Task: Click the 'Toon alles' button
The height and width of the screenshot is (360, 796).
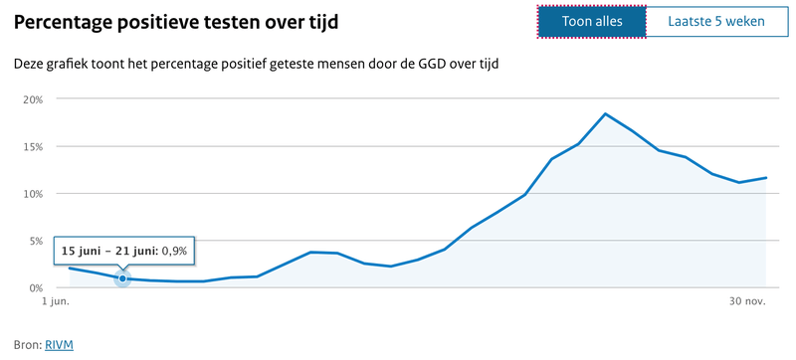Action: [x=591, y=21]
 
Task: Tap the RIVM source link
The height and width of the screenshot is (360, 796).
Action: [x=60, y=344]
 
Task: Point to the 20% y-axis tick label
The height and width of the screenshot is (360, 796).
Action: [x=33, y=100]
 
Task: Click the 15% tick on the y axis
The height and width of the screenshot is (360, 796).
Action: [x=33, y=147]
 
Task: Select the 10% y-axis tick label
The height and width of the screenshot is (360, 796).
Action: [x=33, y=194]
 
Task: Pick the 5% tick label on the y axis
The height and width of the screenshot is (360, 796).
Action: [x=36, y=241]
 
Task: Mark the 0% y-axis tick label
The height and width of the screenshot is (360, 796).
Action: [x=36, y=287]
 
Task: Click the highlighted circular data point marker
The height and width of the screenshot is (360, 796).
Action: [x=122, y=278]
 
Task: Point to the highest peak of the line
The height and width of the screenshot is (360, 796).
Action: [x=605, y=113]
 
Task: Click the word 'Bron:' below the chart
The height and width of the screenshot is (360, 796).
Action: [x=27, y=344]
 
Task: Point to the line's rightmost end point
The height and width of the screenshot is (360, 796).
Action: [x=765, y=178]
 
